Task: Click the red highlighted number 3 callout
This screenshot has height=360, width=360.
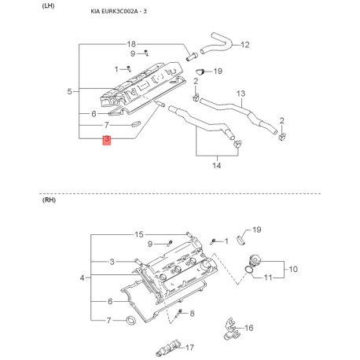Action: coord(107,140)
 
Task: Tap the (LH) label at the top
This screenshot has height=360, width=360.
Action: coord(48,6)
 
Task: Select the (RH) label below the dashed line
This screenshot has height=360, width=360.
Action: coord(49,200)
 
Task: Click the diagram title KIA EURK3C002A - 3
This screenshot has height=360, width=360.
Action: coord(119,11)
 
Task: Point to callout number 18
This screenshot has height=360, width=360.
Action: coord(131,44)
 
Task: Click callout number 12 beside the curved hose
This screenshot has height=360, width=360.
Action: coord(245,45)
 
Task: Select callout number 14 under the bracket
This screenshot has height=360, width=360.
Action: coord(217,165)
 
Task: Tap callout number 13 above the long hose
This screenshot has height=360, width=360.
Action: coord(241,94)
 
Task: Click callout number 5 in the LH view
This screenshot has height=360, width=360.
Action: coord(69,91)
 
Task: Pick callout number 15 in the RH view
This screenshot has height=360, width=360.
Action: coord(139,234)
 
